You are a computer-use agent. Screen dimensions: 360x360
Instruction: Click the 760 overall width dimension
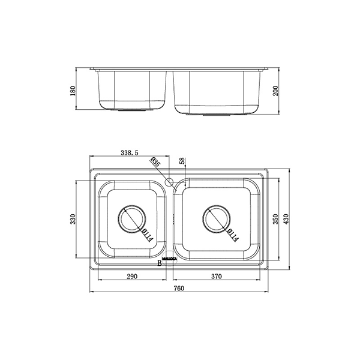coord(178,288)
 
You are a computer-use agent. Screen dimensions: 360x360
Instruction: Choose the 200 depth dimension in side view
coord(275,91)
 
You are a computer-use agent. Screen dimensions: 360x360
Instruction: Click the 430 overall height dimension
coord(286,219)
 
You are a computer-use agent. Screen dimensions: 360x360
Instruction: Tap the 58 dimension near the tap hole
coord(182,162)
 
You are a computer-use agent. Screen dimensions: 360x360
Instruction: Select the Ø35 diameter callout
coord(155,163)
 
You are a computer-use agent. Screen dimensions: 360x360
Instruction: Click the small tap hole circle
coord(169,181)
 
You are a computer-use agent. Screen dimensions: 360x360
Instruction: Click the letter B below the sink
coord(160,263)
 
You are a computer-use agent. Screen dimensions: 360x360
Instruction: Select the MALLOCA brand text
coord(170,259)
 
